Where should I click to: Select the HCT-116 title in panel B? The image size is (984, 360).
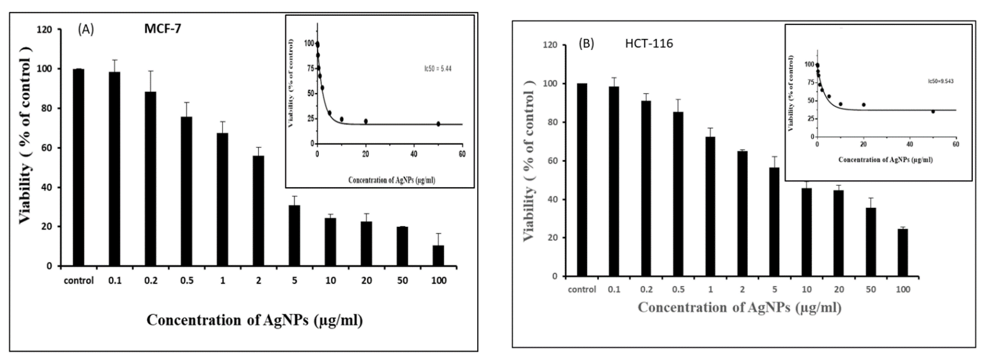(x=649, y=43)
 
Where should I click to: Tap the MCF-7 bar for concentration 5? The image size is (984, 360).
(x=294, y=235)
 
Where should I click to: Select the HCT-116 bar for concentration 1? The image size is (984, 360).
(x=710, y=206)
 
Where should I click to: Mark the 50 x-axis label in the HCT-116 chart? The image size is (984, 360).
(x=871, y=290)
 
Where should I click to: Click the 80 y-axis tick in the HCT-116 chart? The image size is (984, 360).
(x=550, y=122)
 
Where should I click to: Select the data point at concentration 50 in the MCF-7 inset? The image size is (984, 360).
(x=438, y=124)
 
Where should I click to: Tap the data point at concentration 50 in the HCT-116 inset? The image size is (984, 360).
(x=933, y=112)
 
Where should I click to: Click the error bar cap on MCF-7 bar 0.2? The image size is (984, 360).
(x=151, y=71)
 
